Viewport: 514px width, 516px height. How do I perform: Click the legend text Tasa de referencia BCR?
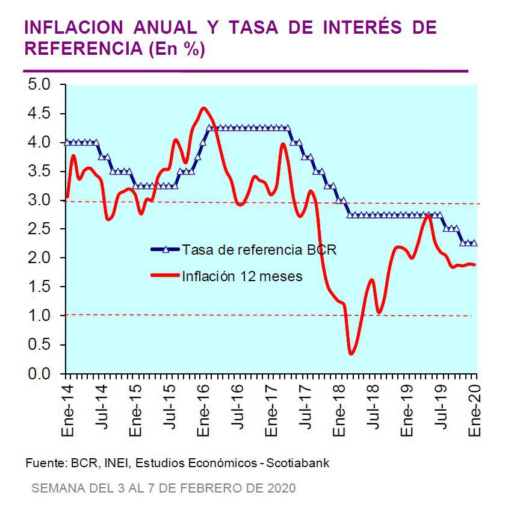click(x=259, y=249)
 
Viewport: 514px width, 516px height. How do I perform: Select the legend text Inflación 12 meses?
click(x=242, y=276)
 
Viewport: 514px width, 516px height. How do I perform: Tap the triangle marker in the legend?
click(x=166, y=249)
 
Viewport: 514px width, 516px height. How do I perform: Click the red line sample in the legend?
click(x=164, y=276)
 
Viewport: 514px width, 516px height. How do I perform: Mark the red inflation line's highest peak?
click(x=203, y=108)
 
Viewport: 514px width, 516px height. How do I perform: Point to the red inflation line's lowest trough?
click(x=351, y=353)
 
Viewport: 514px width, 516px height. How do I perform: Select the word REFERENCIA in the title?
click(x=82, y=50)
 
